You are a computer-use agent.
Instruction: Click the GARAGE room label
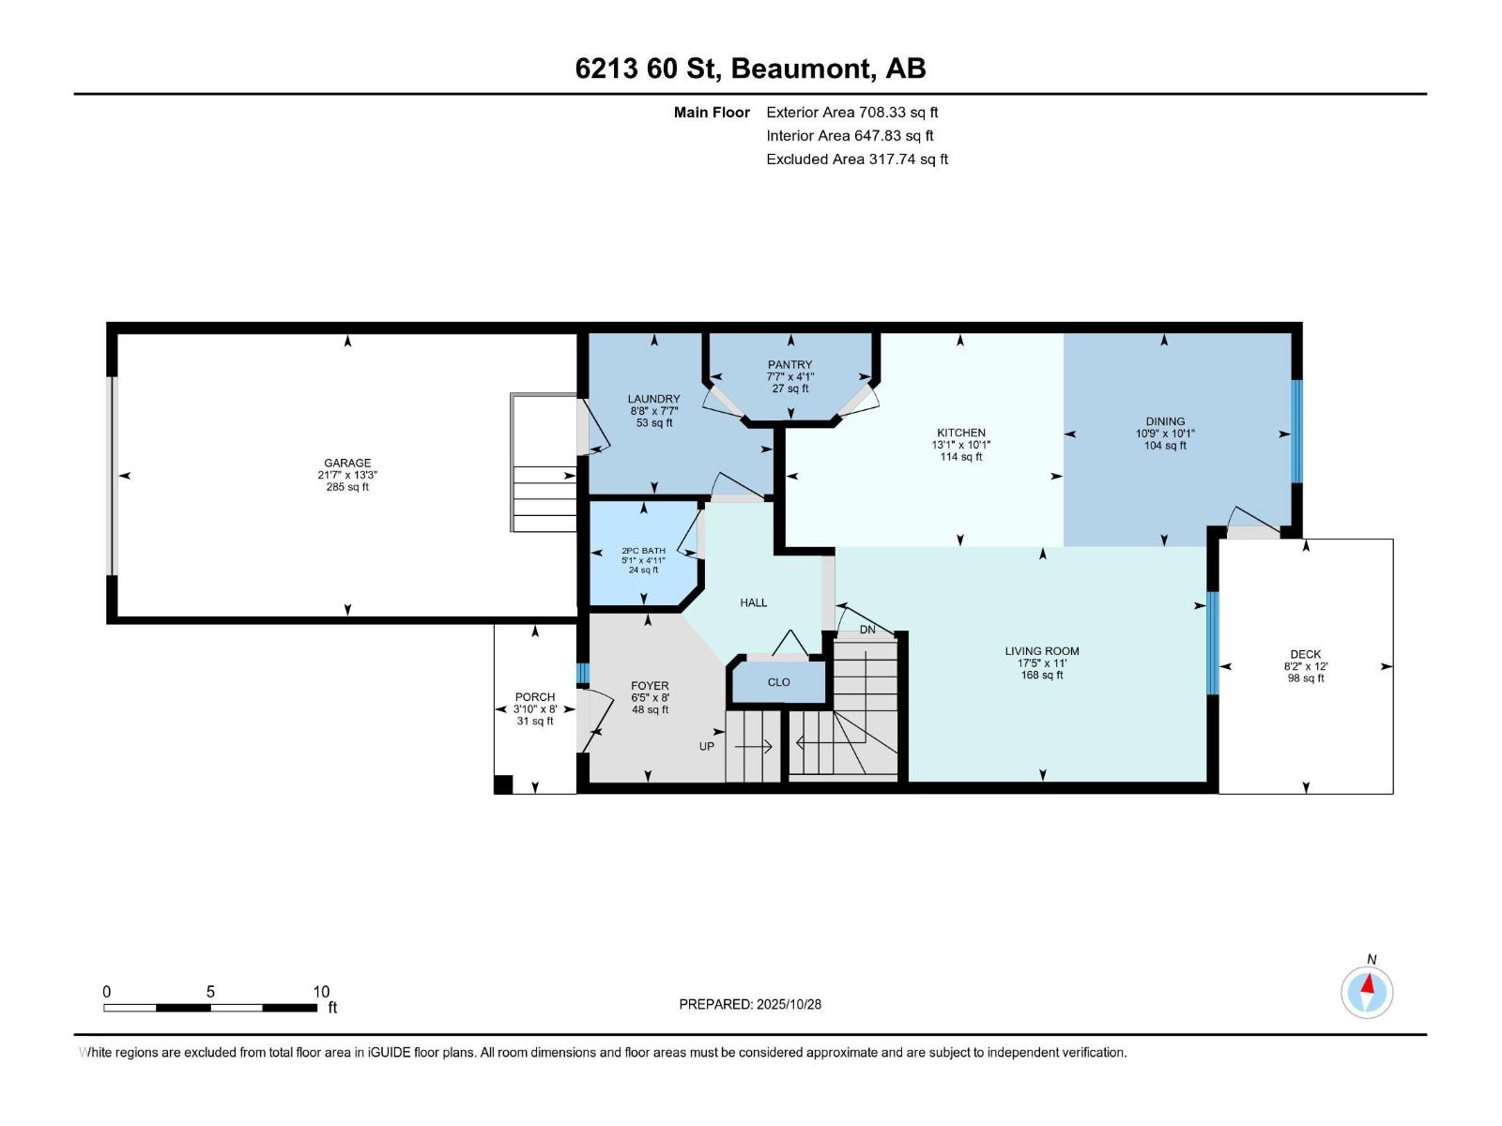[x=347, y=463]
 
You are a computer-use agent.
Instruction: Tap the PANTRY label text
[x=789, y=364]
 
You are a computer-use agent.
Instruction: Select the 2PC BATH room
[x=643, y=560]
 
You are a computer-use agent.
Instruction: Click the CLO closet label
[x=778, y=682]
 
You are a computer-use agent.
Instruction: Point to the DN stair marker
[x=866, y=630]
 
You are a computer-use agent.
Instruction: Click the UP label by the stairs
[x=707, y=746]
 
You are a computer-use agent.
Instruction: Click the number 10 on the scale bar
[x=321, y=992]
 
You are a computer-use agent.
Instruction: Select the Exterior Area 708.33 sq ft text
[x=851, y=112]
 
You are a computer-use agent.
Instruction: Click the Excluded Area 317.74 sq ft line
[x=856, y=159]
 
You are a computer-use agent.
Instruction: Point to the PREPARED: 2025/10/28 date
[x=750, y=1004]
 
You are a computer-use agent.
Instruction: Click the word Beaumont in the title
[x=800, y=68]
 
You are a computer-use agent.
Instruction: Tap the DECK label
[x=1305, y=654]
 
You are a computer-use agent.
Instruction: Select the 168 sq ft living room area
[x=1042, y=675]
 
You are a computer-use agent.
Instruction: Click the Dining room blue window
[x=1296, y=431]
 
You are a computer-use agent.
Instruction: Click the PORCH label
[x=534, y=696]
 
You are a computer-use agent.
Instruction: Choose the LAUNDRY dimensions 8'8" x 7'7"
[x=654, y=411]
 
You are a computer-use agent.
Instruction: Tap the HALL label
[x=753, y=602]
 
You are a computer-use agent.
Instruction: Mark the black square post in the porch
[x=503, y=784]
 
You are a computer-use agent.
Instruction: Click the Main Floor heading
[x=712, y=112]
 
